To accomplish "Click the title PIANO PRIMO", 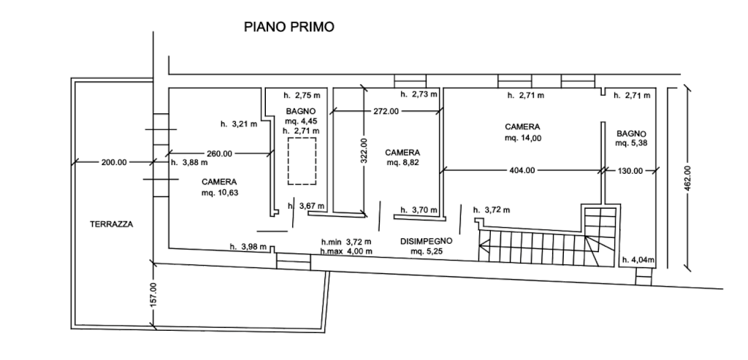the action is (289, 27).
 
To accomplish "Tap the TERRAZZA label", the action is (112, 224).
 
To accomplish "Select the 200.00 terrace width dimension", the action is (114, 162).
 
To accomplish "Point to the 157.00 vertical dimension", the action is (153, 295).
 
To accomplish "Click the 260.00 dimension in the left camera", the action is (219, 153).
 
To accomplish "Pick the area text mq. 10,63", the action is (219, 193).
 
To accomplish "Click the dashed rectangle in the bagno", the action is (302, 161).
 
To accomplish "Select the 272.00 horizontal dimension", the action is (386, 111).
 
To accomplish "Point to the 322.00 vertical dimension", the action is (364, 150).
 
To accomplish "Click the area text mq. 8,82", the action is (402, 163).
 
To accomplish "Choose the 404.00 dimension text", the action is (522, 170).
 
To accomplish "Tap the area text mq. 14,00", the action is (523, 138).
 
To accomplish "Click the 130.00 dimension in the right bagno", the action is (630, 171).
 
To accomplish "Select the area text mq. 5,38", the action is (632, 143).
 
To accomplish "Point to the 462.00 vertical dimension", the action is (687, 178).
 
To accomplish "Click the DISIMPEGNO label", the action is (426, 241).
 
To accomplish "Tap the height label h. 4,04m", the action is (638, 261).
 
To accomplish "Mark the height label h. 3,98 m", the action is (248, 247).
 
